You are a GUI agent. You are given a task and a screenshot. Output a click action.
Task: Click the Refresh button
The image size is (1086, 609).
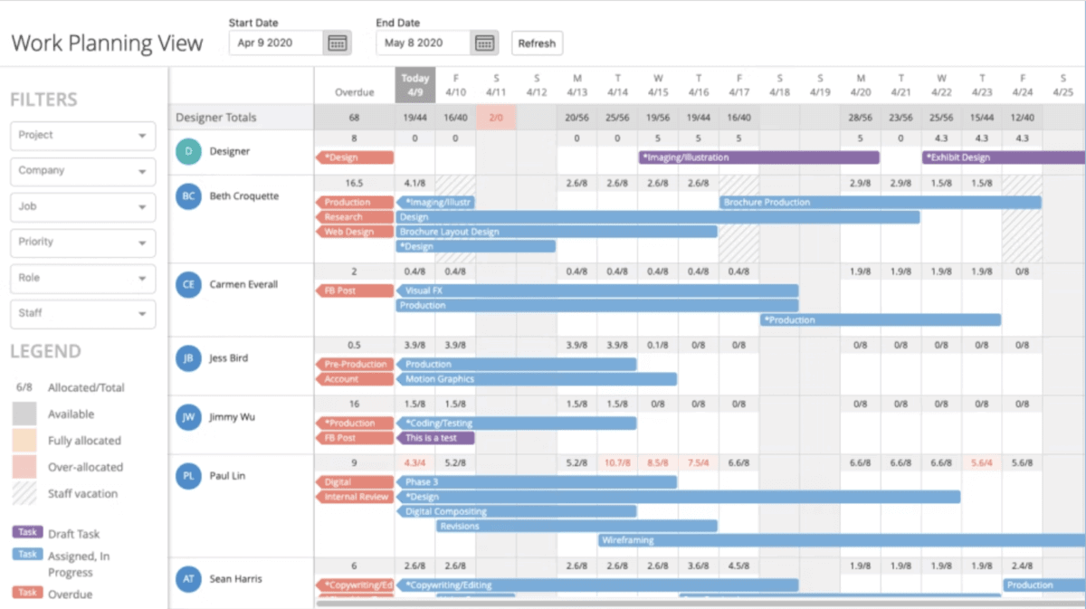tap(537, 43)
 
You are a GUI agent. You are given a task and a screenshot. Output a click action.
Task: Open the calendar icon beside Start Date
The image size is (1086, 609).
tap(337, 43)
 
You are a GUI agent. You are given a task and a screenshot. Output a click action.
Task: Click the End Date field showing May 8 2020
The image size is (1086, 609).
tap(423, 43)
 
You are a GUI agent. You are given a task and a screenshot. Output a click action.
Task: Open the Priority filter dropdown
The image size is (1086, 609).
tap(83, 243)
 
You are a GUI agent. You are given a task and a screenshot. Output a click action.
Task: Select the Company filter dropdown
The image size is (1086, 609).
tap(83, 171)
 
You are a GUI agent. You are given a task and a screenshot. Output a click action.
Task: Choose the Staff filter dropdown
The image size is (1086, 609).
tap(83, 314)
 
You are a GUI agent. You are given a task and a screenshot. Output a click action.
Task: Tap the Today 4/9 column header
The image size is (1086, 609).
tap(414, 85)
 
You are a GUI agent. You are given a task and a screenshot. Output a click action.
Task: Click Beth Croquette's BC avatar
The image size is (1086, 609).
tap(188, 196)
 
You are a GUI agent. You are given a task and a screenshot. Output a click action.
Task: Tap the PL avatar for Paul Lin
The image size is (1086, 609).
tap(188, 476)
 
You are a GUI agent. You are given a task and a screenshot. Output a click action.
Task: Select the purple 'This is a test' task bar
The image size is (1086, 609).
tap(435, 438)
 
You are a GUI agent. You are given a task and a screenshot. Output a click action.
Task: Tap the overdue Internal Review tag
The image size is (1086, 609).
tap(355, 497)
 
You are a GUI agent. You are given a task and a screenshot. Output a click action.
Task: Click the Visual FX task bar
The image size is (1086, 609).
tap(597, 291)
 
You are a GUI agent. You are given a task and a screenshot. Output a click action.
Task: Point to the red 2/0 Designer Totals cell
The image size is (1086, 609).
tap(495, 118)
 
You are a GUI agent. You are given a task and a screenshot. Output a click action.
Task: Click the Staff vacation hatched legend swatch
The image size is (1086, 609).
tap(24, 494)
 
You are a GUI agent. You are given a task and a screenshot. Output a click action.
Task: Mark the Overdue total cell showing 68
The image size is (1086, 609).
tap(354, 118)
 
